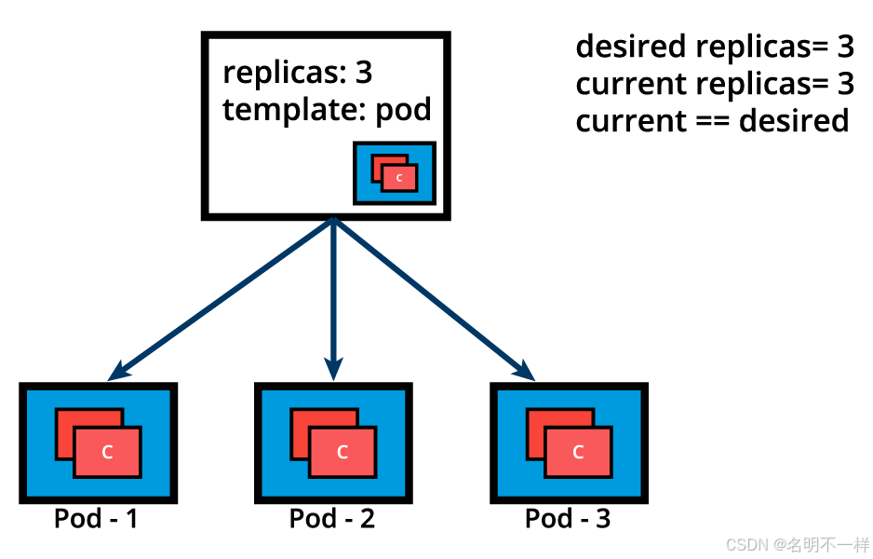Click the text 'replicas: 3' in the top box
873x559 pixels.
coord(298,73)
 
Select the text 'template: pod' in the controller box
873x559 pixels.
coord(327,110)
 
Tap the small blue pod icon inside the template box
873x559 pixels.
coord(395,173)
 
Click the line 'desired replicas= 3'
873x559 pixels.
coord(714,46)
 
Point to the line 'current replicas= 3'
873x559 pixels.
coord(714,84)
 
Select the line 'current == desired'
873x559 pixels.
coord(712,121)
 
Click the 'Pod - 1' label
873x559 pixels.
coord(96,518)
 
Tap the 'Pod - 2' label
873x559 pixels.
coord(332,518)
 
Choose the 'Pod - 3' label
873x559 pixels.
coord(568,518)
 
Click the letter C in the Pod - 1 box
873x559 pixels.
coord(107,453)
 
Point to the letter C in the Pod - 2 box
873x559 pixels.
coord(342,453)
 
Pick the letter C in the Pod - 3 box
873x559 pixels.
coord(578,453)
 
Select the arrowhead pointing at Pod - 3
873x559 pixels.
coord(528,373)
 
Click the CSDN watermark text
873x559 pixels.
coord(797,544)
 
